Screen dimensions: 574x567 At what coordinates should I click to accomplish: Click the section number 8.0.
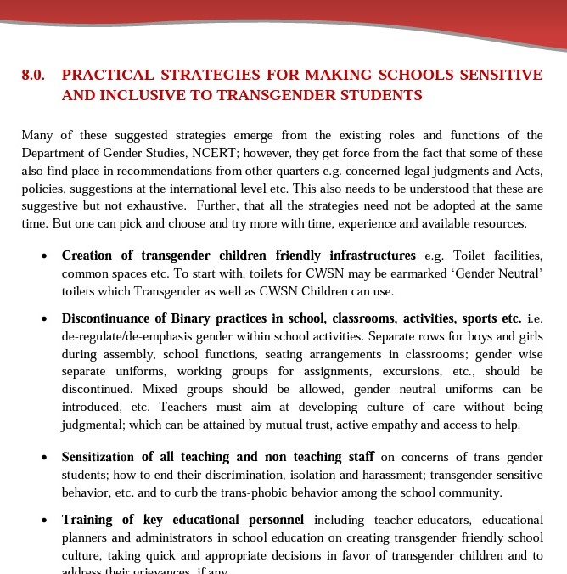33,75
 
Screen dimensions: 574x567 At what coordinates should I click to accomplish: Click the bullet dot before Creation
44,256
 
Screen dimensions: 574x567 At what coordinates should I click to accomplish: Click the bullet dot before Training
44,521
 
